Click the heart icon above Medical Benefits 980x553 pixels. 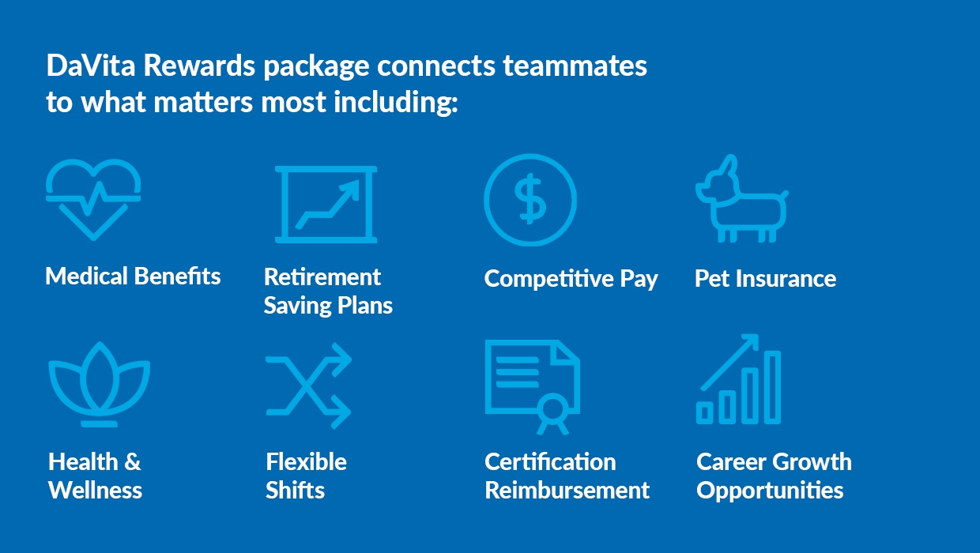point(93,199)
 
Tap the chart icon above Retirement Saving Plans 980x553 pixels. point(326,204)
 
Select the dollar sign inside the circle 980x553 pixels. point(530,199)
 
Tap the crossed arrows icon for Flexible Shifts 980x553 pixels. point(308,386)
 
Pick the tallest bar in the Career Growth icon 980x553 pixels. point(772,387)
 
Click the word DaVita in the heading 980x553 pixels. point(91,66)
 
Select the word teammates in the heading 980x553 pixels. point(575,66)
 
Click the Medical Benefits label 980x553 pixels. point(133,276)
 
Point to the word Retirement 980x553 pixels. point(322,277)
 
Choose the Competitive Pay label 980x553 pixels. point(571,279)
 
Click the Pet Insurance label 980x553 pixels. point(766,278)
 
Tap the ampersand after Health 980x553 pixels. point(133,462)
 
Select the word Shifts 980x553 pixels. point(296,490)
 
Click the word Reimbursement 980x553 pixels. point(567,490)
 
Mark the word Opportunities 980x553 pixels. point(770,491)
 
